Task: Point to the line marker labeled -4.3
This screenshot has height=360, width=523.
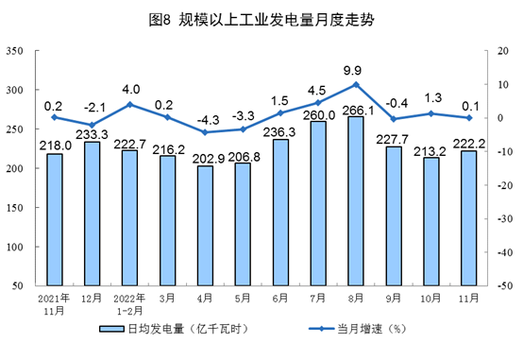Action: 206,132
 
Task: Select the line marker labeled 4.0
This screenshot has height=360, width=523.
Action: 130,104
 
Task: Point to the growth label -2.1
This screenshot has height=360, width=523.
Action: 92,106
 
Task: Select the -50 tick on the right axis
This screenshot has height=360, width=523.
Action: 491,285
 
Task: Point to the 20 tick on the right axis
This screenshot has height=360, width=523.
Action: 489,51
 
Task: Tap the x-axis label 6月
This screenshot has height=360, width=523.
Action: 279,298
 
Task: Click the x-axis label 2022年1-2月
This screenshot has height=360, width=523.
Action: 130,303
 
